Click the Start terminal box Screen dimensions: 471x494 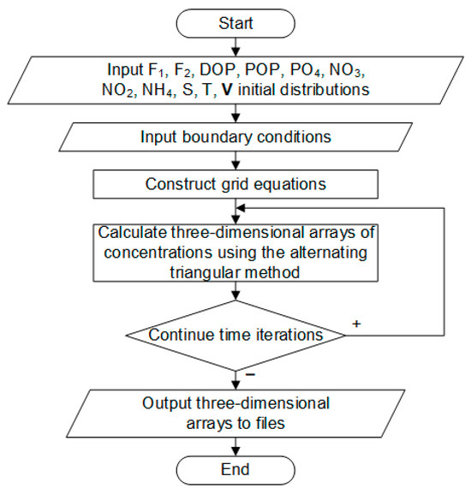pos(235,23)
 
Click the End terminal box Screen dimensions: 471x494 pos(235,470)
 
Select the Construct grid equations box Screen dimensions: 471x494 pos(235,184)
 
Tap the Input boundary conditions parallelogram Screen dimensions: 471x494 pos(235,137)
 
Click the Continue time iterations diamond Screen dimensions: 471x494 pos(235,336)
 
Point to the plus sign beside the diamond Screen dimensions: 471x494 pos(356,324)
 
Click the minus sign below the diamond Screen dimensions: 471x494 pos(250,374)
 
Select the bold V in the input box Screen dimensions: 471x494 pos(227,90)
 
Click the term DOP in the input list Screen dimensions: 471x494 pos(218,69)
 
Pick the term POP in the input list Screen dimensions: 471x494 pos(263,69)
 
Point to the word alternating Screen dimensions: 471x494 pos(329,253)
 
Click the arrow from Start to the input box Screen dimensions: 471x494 pos(235,47)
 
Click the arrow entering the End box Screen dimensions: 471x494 pos(235,446)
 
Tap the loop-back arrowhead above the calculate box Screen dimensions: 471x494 pos(241,208)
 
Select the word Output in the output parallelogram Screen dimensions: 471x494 pos(167,403)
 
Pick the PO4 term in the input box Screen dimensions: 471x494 pos(307,70)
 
